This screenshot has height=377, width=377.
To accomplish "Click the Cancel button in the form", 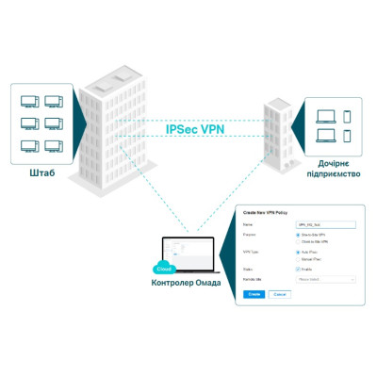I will (279, 294).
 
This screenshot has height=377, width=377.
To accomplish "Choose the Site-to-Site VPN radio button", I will (298, 236).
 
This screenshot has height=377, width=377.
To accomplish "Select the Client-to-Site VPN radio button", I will (298, 242).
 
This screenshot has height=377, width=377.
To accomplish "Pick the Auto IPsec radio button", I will (298, 253).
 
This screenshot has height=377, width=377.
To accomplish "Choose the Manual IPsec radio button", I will (298, 259).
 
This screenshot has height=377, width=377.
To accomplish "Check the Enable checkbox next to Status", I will (298, 270).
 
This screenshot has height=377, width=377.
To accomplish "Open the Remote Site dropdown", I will (326, 279).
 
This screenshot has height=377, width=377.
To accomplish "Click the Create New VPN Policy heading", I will (268, 216).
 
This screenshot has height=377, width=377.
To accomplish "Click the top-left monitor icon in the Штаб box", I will (29, 100).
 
